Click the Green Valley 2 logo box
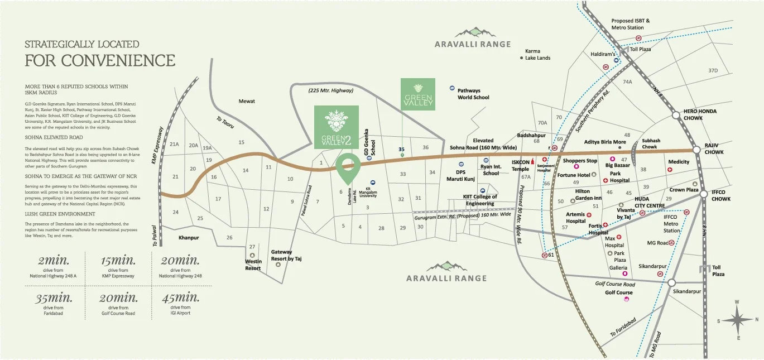(x=336, y=127)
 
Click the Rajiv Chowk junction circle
(x=696, y=150)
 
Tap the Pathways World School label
(x=473, y=94)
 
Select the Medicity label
(x=679, y=162)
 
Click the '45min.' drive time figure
(x=180, y=297)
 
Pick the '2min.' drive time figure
(x=54, y=261)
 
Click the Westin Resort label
(x=253, y=265)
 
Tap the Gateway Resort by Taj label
(x=286, y=256)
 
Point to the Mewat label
(x=247, y=101)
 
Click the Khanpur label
(x=189, y=238)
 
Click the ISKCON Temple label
(x=520, y=166)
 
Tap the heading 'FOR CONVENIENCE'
(x=100, y=60)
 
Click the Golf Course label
(x=618, y=292)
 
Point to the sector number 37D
(x=728, y=71)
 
